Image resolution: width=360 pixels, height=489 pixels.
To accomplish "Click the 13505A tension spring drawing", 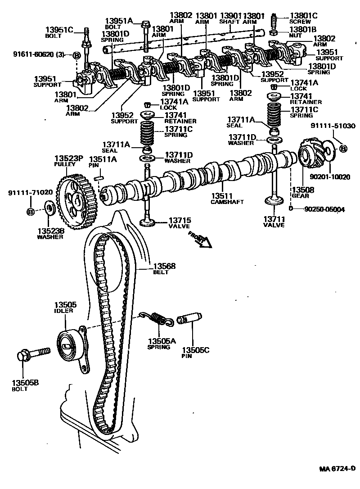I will click(157, 319).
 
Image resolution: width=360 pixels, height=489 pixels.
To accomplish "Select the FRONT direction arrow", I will click(200, 240).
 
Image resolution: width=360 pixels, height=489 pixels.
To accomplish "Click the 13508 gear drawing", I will click(313, 156).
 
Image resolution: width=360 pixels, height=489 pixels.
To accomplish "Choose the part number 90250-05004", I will click(324, 209).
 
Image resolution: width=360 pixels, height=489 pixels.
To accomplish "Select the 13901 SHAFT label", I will click(230, 18).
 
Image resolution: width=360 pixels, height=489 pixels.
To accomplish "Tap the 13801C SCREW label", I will click(303, 18).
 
